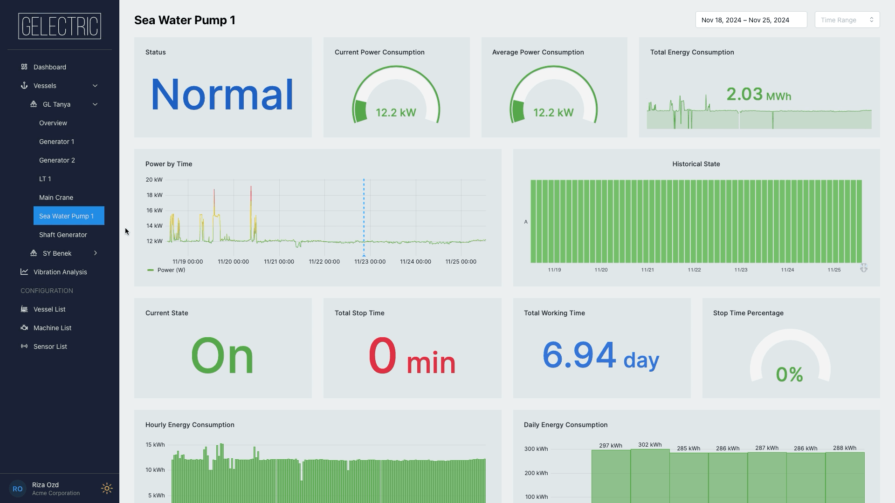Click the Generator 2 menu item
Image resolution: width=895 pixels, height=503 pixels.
(x=57, y=160)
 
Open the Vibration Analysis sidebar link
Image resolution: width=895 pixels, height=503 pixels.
(x=60, y=272)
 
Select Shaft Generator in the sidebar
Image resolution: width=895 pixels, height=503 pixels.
(x=63, y=235)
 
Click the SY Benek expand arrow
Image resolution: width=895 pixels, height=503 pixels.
(x=95, y=253)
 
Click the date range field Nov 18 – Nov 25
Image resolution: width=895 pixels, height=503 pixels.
(x=750, y=20)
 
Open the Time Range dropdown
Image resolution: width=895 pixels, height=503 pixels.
(x=847, y=20)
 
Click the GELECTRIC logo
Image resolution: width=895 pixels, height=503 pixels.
(x=60, y=26)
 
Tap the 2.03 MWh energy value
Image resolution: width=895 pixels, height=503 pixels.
(x=758, y=95)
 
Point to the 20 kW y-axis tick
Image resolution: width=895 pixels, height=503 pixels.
(x=154, y=180)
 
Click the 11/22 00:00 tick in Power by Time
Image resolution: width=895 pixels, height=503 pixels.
(x=324, y=262)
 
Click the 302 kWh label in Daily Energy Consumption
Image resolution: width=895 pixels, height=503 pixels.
(x=649, y=445)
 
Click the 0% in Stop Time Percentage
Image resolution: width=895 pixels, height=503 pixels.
(x=789, y=374)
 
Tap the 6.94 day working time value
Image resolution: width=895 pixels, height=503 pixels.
(x=600, y=355)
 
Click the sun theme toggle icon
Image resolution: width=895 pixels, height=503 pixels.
(x=107, y=488)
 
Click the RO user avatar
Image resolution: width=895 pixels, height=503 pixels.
(x=17, y=489)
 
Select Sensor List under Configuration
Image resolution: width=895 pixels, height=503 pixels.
(x=50, y=347)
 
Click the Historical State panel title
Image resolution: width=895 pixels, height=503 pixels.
(x=696, y=164)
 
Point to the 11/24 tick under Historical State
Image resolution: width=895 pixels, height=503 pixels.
(x=787, y=270)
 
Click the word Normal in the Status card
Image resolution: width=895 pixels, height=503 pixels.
(x=222, y=95)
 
